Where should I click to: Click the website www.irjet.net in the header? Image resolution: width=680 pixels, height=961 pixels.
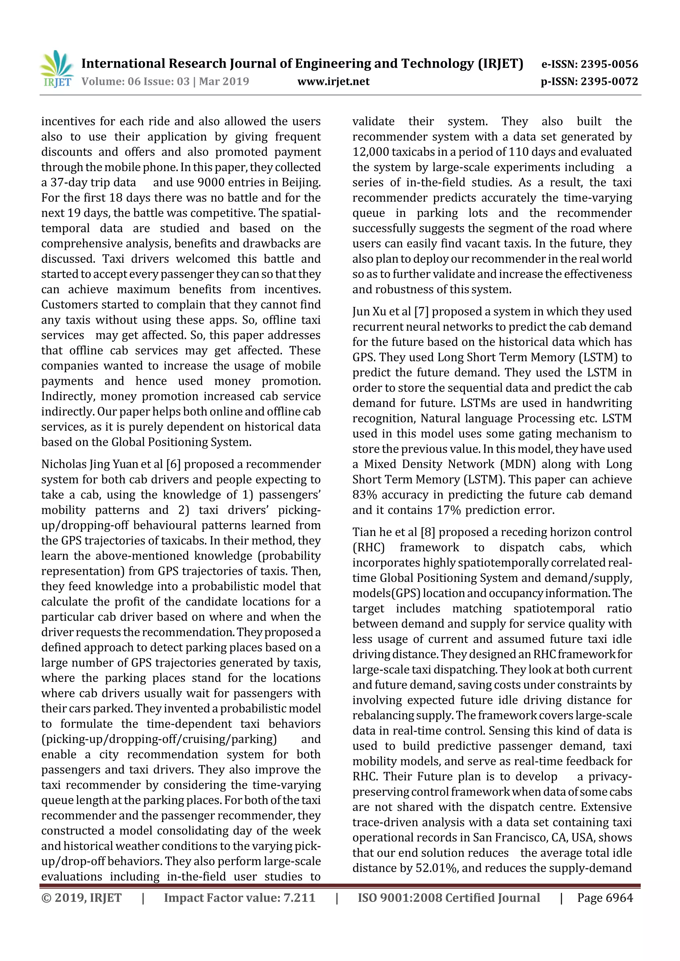[x=333, y=82]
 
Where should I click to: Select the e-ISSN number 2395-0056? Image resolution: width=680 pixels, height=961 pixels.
[x=609, y=64]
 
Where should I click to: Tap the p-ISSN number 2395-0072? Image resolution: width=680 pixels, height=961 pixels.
[x=609, y=82]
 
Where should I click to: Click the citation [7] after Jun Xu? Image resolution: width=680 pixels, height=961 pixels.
[x=421, y=312]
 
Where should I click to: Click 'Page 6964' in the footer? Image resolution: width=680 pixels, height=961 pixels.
[x=605, y=898]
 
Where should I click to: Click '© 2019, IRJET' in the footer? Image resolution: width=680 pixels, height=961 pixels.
[x=81, y=898]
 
